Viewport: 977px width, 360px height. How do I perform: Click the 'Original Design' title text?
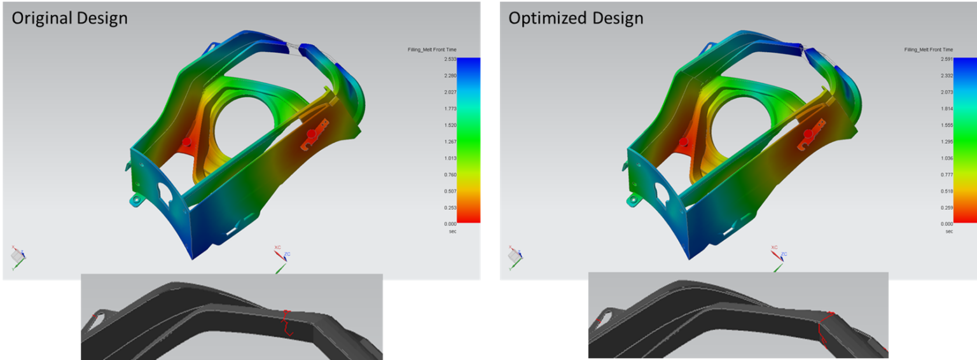coord(70,18)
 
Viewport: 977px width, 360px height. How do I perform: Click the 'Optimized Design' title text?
coord(576,18)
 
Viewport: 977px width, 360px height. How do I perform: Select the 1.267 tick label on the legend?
coord(450,141)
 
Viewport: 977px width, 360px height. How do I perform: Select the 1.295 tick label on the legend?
coord(946,141)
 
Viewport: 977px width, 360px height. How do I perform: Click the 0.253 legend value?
coord(450,207)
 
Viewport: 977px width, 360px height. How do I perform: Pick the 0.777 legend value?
coord(946,174)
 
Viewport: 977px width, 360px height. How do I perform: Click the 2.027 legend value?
coord(450,92)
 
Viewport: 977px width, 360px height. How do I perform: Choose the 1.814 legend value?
coord(946,109)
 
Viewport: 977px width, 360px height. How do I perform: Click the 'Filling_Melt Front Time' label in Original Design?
coord(432,50)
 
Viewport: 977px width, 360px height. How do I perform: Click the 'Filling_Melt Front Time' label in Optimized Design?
coord(928,50)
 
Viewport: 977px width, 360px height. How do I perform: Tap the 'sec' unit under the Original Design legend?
coord(453,232)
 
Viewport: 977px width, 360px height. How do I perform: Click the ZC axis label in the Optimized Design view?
coord(784,254)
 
